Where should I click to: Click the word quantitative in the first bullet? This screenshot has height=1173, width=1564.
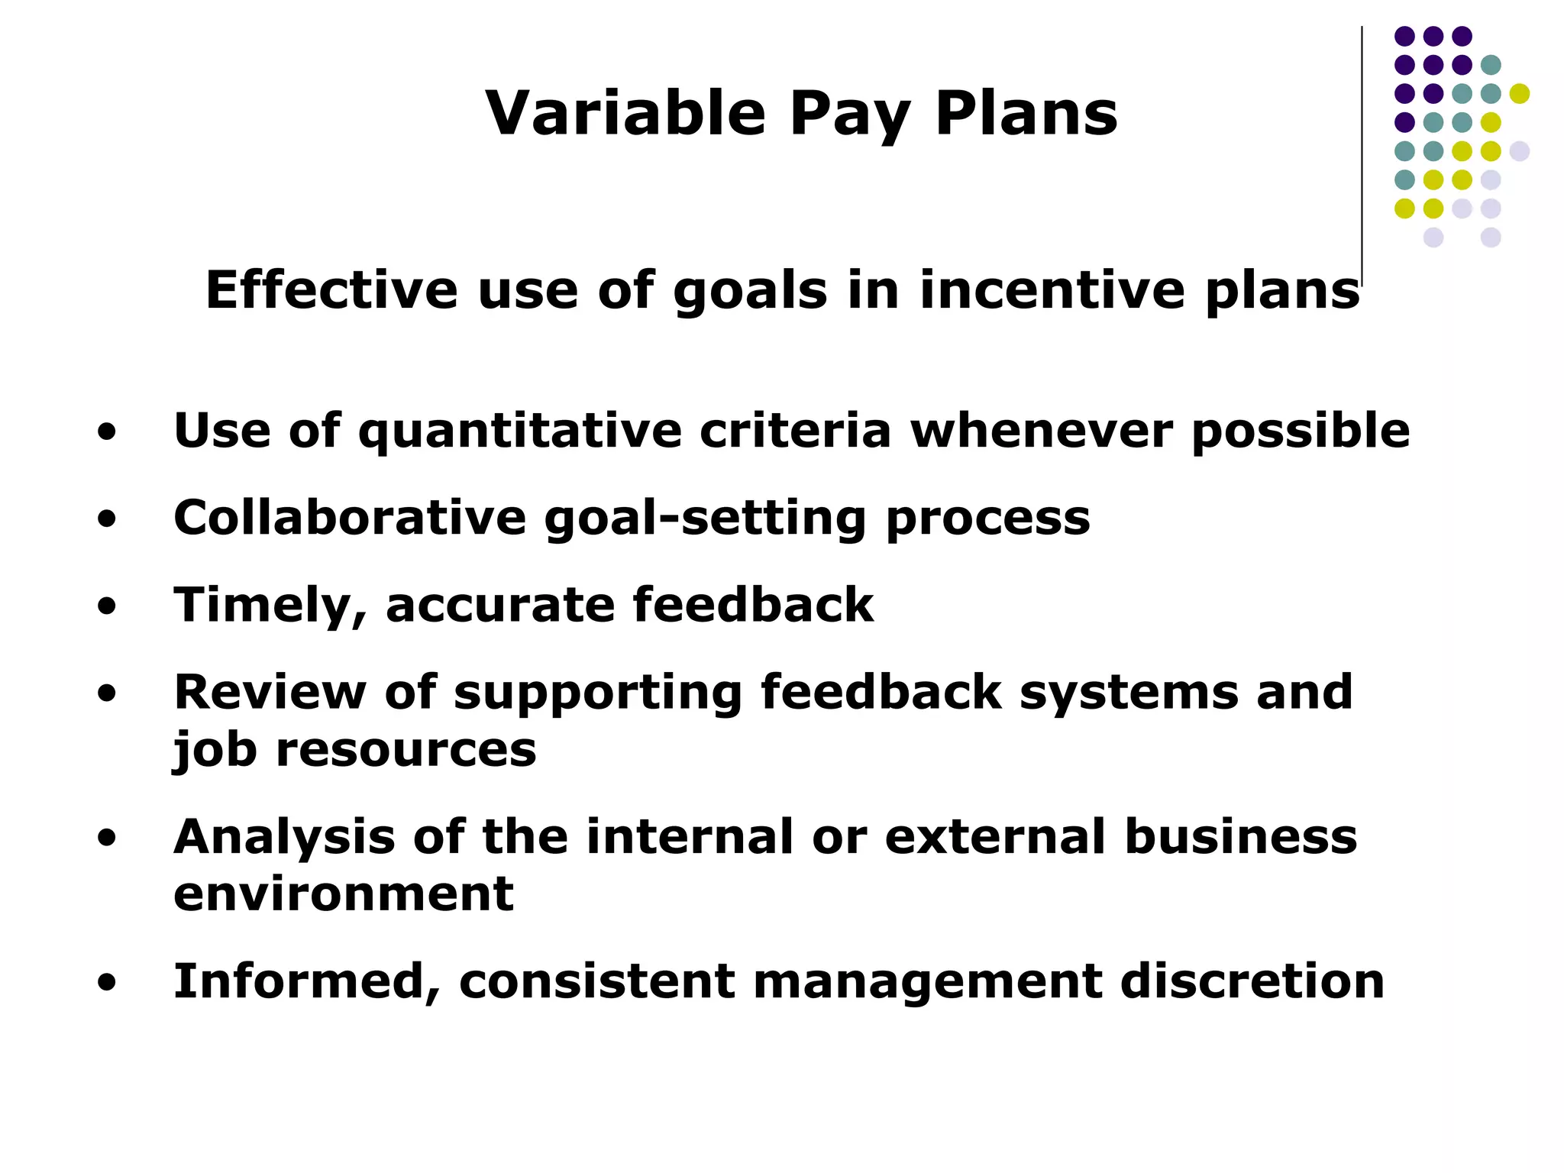[519, 431]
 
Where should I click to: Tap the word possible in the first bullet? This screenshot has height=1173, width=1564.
[1300, 431]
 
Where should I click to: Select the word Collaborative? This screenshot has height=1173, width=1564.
[350, 518]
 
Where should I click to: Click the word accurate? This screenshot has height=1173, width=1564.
[499, 606]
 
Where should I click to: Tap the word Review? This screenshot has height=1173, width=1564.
[270, 693]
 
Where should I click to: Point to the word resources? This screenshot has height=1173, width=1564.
[406, 750]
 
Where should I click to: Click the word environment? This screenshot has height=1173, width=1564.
[343, 894]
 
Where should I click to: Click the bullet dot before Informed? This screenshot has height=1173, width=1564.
[107, 983]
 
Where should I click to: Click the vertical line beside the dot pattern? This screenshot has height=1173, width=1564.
[1362, 153]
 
